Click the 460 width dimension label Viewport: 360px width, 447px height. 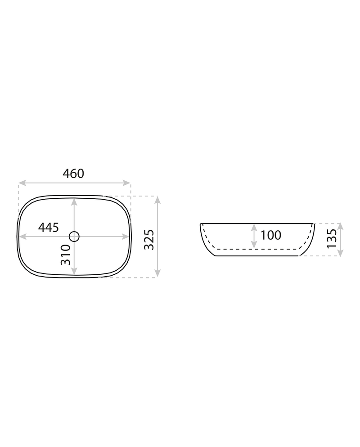(73, 174)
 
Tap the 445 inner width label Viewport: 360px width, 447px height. (49, 228)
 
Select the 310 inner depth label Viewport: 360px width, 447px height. (66, 255)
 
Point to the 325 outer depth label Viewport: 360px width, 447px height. (149, 239)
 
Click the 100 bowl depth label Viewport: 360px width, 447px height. (271, 235)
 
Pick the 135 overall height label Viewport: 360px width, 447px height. (332, 238)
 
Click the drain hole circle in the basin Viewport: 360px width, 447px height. (74, 237)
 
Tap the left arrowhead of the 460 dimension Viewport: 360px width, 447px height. (22, 183)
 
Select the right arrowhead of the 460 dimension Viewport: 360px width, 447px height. (126, 183)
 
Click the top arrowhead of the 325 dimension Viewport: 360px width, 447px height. (157, 200)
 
